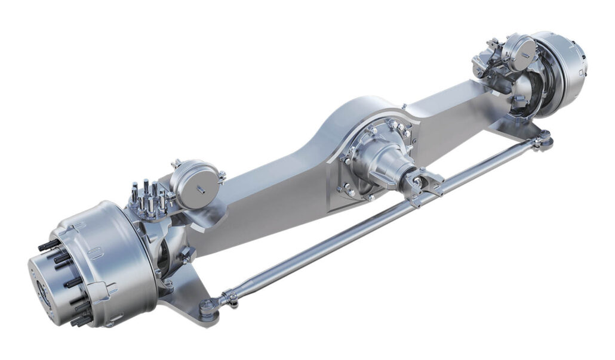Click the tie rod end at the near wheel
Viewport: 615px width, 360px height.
click(x=207, y=307)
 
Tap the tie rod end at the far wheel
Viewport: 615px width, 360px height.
click(x=543, y=142)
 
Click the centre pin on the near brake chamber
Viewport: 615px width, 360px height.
click(x=200, y=191)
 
